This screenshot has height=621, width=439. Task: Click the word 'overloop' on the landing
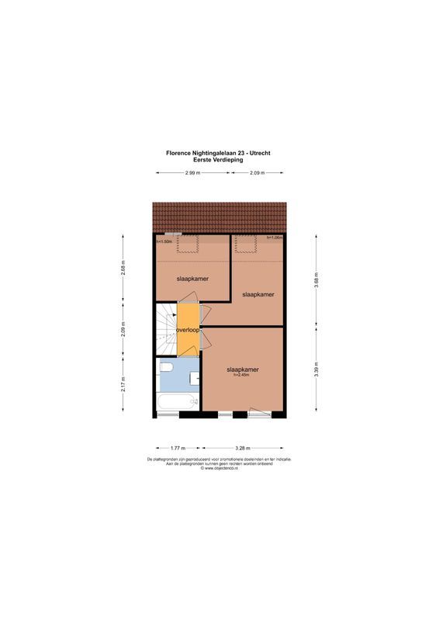[x=188, y=330]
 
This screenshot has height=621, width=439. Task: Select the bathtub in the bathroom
[x=177, y=401]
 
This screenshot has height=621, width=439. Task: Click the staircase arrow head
[x=175, y=315]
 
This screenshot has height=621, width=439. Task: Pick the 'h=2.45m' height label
[x=241, y=376]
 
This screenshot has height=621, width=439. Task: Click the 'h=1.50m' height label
[x=164, y=242]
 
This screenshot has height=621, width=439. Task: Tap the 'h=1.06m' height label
[x=274, y=238]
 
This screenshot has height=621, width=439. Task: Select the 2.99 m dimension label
[x=192, y=172]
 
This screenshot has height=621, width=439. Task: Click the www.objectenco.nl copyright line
[x=219, y=469]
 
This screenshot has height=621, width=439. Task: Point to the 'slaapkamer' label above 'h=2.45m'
[x=242, y=369]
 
